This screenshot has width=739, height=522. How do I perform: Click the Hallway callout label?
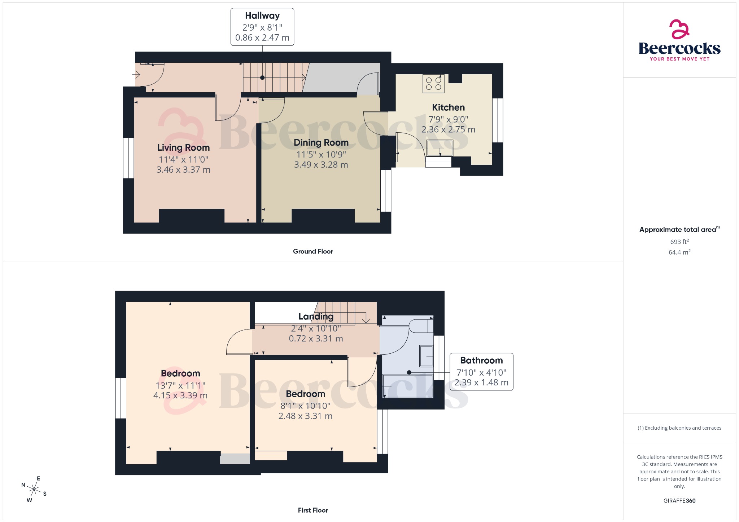(x=262, y=27)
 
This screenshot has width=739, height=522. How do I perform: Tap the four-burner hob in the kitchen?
(x=433, y=84)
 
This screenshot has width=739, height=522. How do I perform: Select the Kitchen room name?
(x=448, y=107)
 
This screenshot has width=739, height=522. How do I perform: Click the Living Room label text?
(x=183, y=147)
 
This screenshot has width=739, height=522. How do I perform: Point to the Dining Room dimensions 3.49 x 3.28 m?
(x=321, y=165)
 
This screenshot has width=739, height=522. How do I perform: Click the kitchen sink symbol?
(x=440, y=148)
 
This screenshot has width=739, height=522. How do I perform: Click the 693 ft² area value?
(x=679, y=242)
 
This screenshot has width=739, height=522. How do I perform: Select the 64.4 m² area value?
(x=679, y=252)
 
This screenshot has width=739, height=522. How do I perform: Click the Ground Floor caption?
(x=313, y=251)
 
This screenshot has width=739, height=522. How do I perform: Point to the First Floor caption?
(x=313, y=510)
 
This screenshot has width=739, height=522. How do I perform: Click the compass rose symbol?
(x=34, y=489)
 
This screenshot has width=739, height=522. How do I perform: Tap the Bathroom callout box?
(x=481, y=372)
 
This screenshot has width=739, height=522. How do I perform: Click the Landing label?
(x=316, y=317)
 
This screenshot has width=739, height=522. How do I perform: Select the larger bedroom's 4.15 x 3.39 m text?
(x=180, y=395)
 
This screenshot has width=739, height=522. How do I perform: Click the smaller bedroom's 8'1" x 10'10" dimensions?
(x=305, y=406)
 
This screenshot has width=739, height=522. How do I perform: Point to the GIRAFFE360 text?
(x=679, y=500)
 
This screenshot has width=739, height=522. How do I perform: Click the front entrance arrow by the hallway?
(x=136, y=75)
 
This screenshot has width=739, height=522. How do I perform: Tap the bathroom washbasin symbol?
(x=426, y=356)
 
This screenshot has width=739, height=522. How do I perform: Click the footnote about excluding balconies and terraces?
(x=679, y=428)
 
